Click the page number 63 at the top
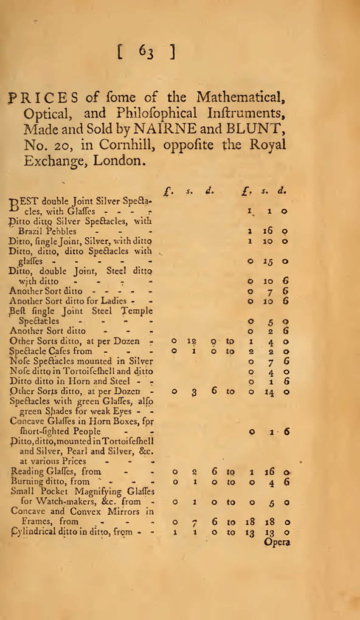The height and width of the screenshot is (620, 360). pyautogui.click(x=147, y=53)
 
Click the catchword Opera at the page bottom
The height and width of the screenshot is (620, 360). pyautogui.click(x=277, y=543)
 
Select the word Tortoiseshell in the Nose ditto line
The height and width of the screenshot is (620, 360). pyautogui.click(x=95, y=371)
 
